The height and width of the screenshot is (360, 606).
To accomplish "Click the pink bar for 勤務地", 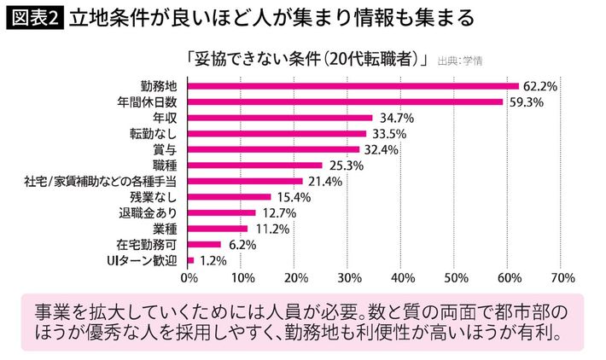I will pyautogui.click(x=353, y=86).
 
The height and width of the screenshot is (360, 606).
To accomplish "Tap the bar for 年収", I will pyautogui.click(x=279, y=118).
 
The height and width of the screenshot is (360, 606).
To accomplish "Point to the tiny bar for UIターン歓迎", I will pyautogui.click(x=190, y=259).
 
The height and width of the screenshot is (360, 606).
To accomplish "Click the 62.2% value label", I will pyautogui.click(x=540, y=86).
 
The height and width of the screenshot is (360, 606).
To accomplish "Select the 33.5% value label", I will pyautogui.click(x=387, y=134).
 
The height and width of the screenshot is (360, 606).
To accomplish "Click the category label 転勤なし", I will pyautogui.click(x=155, y=134).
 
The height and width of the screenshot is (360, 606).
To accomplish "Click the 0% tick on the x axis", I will pyautogui.click(x=189, y=277).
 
